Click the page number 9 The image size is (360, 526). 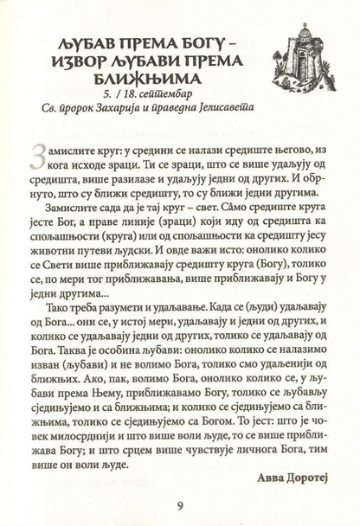pyautogui.click(x=179, y=505)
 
